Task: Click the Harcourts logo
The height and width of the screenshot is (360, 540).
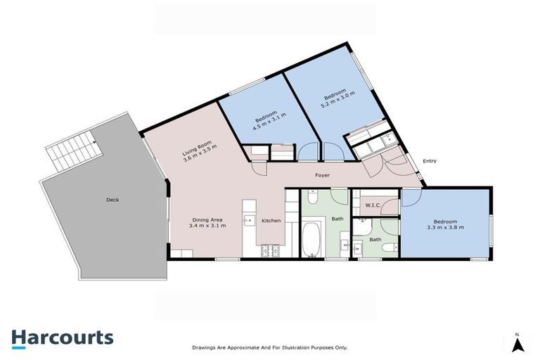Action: (x=62, y=337)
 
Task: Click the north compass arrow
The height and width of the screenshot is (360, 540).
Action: (x=517, y=344)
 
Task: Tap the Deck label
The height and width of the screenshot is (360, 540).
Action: (x=112, y=200)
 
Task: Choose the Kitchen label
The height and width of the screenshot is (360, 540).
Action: (x=271, y=221)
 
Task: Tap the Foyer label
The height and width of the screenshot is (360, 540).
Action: (x=322, y=175)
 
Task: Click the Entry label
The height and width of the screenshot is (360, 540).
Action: (x=429, y=161)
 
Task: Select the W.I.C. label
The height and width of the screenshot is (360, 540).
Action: (x=373, y=205)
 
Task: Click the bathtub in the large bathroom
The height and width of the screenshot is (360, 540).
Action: (x=311, y=240)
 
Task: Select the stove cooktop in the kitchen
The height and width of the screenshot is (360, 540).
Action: (x=268, y=250)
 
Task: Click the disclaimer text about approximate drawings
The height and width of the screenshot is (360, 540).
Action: (x=270, y=347)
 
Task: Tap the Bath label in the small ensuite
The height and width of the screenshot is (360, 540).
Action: (x=375, y=240)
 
